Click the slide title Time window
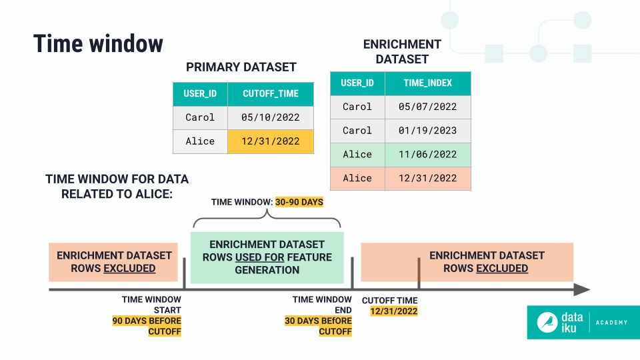(x=98, y=43)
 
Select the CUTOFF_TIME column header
(x=270, y=94)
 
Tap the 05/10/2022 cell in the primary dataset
(x=270, y=117)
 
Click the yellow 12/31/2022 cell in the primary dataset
(x=270, y=141)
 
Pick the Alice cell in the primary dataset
(x=200, y=141)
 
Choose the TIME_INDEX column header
(x=427, y=83)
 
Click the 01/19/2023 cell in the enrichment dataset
(x=427, y=131)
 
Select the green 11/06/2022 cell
(x=427, y=155)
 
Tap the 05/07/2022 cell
(x=427, y=107)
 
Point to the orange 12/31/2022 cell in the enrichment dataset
(x=427, y=178)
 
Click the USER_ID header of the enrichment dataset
(x=357, y=83)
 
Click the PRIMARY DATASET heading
(x=241, y=67)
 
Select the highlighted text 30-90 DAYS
(x=299, y=201)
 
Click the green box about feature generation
(x=267, y=257)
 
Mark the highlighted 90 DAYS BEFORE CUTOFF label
(x=147, y=326)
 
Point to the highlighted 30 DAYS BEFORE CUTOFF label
(x=318, y=326)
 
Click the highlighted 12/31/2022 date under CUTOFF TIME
(x=389, y=311)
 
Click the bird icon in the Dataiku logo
(x=547, y=322)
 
